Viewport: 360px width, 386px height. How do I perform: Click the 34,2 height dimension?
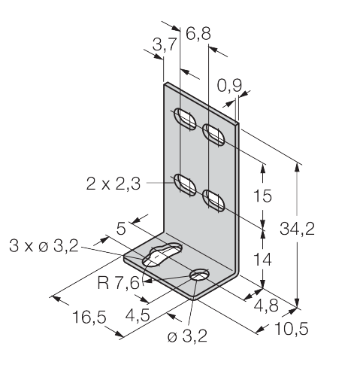(297, 229)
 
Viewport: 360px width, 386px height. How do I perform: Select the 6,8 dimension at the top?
(198, 33)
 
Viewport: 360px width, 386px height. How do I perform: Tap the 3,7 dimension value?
(165, 44)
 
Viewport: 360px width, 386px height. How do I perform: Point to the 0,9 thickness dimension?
(229, 85)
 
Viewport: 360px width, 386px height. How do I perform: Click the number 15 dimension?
(262, 196)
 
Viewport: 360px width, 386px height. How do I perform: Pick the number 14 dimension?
(262, 259)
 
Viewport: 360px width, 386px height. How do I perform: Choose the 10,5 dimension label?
(292, 328)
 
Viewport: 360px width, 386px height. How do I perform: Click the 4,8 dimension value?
(266, 305)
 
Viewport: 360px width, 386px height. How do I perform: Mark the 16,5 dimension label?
(89, 317)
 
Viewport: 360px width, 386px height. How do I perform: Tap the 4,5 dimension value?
(138, 315)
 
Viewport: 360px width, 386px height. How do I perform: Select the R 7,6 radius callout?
(118, 283)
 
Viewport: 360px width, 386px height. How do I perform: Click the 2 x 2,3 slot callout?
(113, 184)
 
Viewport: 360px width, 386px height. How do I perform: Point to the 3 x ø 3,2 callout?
(44, 246)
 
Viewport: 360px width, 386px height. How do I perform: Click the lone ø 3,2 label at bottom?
(187, 336)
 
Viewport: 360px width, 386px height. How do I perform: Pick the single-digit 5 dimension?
(121, 229)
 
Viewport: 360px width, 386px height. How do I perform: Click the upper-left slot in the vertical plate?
(185, 119)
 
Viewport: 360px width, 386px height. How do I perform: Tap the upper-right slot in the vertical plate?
(213, 135)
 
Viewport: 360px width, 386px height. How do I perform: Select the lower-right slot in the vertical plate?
(213, 201)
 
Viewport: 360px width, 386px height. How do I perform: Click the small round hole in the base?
(200, 275)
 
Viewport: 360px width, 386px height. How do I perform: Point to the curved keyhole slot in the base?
(162, 254)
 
